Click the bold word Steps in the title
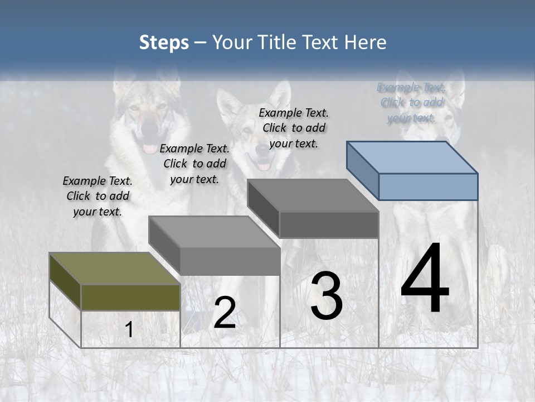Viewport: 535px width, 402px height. pos(164,42)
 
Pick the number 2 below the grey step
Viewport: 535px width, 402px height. pos(225,313)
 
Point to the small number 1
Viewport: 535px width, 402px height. pos(129,329)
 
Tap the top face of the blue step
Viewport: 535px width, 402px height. pos(412,157)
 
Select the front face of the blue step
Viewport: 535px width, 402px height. pos(428,186)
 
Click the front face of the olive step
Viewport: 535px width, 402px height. pos(130,297)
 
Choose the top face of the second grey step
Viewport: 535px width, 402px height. pos(214,231)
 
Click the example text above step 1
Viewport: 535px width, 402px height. pos(98,196)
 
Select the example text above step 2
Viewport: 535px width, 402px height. pos(194,164)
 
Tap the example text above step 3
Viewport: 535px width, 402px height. pos(294,128)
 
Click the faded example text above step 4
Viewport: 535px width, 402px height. pos(411,103)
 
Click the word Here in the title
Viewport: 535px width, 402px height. pos(366,42)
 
